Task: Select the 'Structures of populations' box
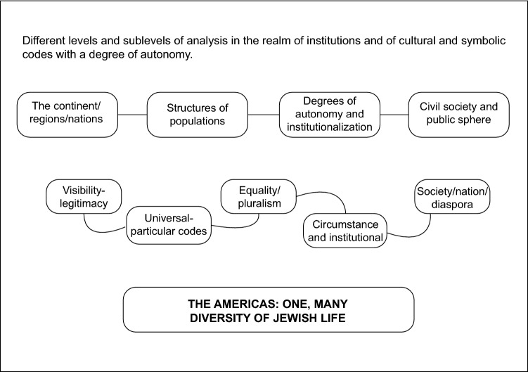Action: coord(197,115)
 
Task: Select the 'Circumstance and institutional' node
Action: coord(346,231)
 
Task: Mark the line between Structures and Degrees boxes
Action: coord(264,115)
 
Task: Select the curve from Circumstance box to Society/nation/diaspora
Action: coord(415,233)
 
